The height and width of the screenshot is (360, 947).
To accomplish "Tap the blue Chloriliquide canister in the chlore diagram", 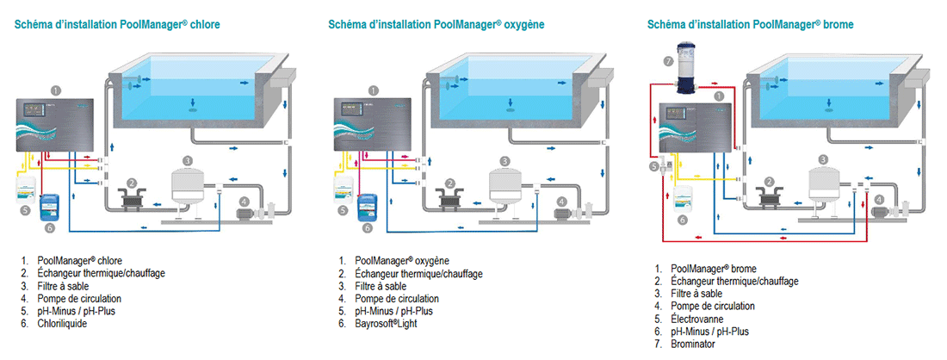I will point(54,208).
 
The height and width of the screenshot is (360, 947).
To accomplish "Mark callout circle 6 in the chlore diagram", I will point(49,228).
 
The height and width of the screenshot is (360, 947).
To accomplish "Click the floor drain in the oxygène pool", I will point(511,109).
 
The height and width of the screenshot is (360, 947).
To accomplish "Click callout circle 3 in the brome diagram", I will point(824,159).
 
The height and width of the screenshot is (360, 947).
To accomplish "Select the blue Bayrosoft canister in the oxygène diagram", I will point(371,208).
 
